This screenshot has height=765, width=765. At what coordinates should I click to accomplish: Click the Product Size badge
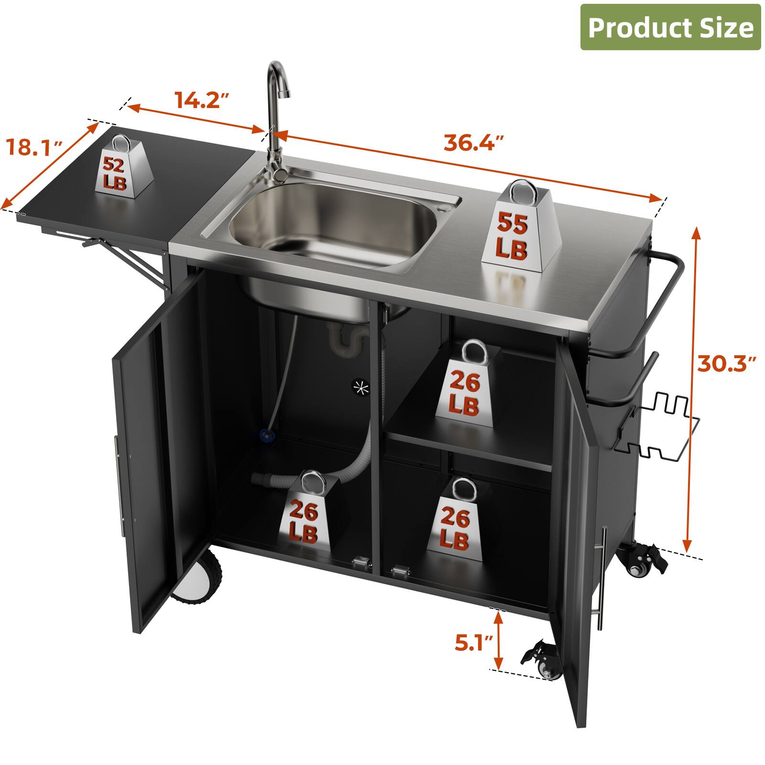(670, 27)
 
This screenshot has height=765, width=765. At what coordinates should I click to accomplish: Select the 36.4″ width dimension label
(474, 142)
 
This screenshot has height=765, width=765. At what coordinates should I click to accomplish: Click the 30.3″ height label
(726, 363)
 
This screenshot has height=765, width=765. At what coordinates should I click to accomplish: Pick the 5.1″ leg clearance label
(473, 643)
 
